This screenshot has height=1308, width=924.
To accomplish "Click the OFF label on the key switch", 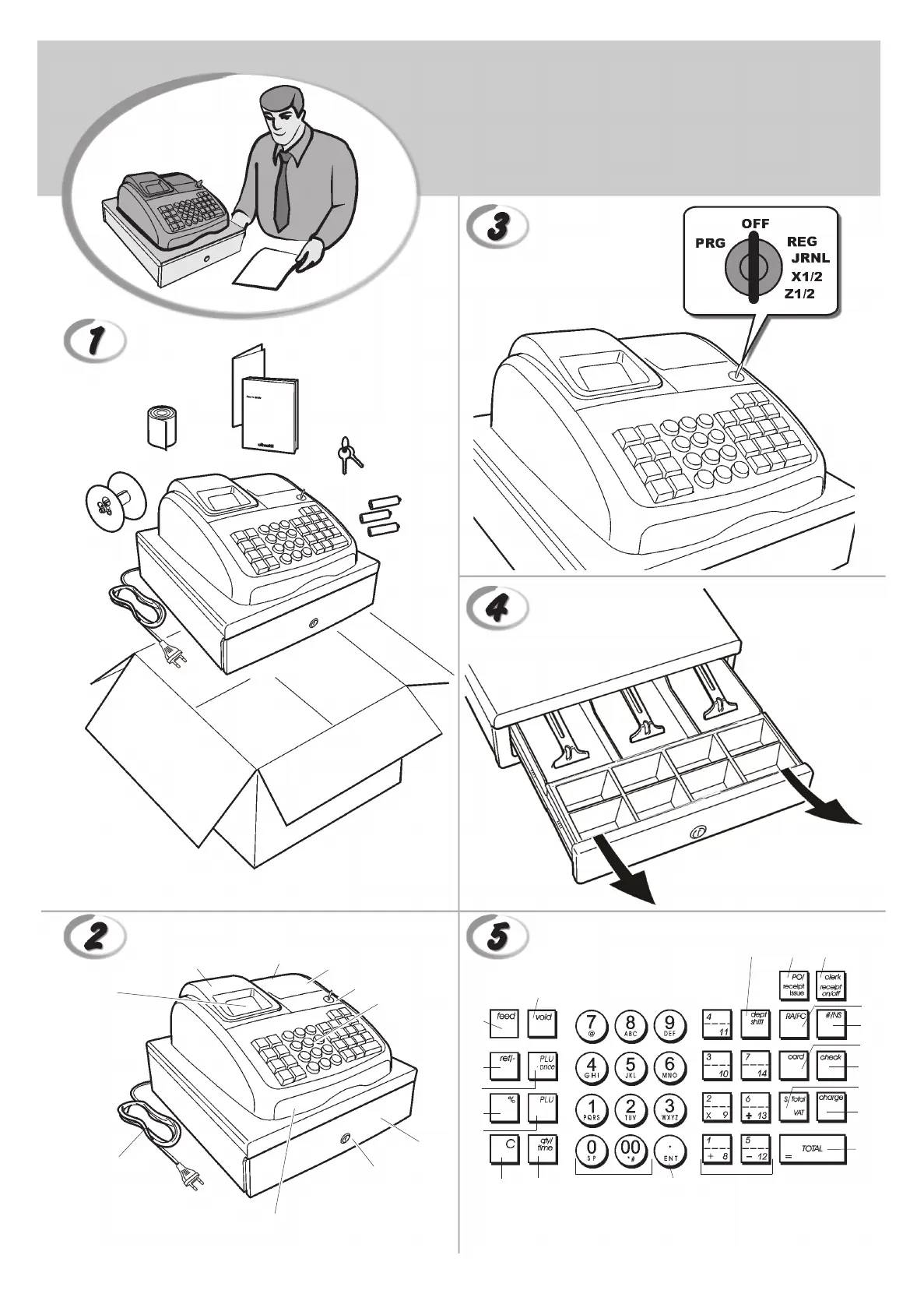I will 755,224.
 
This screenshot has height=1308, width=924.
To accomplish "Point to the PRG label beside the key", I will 710,243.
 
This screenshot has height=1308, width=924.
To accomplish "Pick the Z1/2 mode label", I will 799,294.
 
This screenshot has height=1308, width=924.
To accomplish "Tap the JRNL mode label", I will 810,259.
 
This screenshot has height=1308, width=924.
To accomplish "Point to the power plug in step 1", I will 176,655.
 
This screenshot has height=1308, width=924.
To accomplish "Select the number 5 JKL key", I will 631,1067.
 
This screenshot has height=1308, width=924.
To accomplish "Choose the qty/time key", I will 543,1150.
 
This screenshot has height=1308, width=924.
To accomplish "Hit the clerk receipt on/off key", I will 831,985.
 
